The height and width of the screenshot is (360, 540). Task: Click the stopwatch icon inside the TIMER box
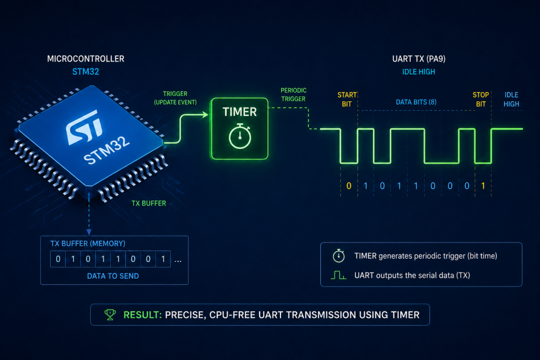point(240,136)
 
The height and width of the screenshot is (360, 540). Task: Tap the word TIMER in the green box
point(240,112)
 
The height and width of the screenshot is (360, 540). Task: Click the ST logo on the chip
point(84,127)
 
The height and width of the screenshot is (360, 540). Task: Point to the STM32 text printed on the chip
point(107,150)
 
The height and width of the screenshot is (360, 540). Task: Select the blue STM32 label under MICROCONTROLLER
point(86,72)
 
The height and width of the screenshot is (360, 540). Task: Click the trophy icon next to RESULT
point(110,315)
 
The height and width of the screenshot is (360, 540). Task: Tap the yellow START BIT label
point(347,100)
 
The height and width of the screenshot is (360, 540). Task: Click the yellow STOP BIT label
point(481,100)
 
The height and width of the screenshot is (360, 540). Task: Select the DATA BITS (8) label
point(416,102)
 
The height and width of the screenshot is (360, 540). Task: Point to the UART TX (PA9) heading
point(419,59)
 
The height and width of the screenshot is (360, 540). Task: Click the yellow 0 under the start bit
point(349,186)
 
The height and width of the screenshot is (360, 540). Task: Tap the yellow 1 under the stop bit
point(483,186)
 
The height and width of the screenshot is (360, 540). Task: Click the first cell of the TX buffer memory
point(58,259)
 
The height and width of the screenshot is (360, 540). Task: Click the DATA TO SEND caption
point(113,276)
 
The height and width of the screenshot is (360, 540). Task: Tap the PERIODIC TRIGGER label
point(293,95)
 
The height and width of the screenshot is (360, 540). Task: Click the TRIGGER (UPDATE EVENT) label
point(175,98)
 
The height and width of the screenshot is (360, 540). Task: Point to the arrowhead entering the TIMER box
point(206,114)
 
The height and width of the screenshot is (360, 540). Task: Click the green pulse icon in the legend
point(339,275)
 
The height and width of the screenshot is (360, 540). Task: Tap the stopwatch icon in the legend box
point(339,256)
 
